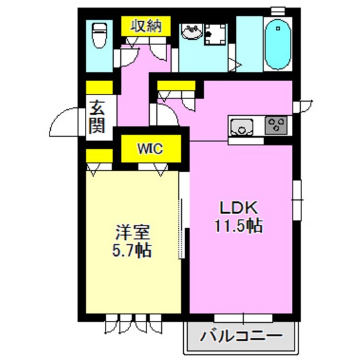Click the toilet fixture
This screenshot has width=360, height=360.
[x=100, y=35]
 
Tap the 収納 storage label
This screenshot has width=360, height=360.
[x=146, y=26]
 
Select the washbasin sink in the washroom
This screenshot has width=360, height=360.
[x=192, y=32]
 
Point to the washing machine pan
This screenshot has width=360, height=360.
[x=215, y=34]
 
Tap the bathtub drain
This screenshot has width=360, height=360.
[x=278, y=28]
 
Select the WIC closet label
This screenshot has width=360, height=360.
[x=150, y=148]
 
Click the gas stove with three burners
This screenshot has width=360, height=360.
[x=276, y=125]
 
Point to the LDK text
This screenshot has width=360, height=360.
[x=239, y=208]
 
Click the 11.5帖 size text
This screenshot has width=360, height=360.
[x=239, y=226]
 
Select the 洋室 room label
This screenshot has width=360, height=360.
[x=132, y=231]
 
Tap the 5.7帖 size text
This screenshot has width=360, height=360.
[x=132, y=250]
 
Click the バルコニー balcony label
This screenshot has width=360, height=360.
[x=241, y=336]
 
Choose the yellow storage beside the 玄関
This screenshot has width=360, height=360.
[x=100, y=87]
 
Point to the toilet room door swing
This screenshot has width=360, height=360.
[x=127, y=57]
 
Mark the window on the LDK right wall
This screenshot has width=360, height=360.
[x=297, y=200]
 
